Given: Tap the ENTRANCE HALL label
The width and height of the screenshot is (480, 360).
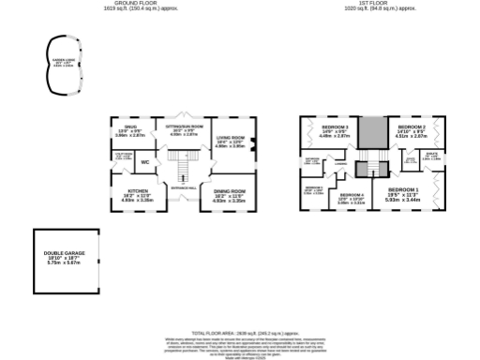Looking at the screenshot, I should tap(184, 188).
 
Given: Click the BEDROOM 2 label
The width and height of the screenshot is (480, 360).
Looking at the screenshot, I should tap(412, 127).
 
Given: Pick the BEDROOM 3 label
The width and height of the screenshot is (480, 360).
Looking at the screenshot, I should tap(335, 127).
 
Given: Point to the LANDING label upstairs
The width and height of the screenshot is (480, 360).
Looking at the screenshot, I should tap(341, 164).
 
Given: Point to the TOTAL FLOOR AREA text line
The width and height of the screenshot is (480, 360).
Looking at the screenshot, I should tap(240, 333).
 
